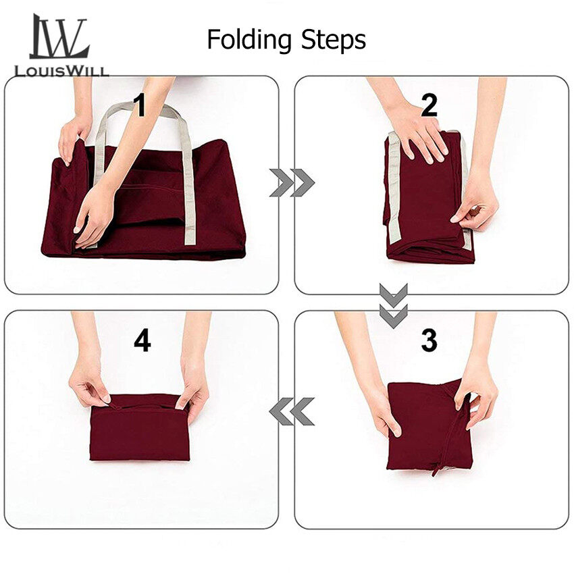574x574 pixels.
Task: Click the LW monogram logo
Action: point(59,36)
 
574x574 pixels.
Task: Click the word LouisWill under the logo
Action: point(61,71)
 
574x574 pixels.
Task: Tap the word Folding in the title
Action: point(250,40)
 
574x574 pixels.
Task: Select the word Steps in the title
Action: point(333,40)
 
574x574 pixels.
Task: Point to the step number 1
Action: point(140,105)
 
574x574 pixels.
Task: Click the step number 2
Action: point(429,105)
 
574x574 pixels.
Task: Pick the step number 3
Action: point(429,340)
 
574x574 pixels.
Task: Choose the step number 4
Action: point(142,341)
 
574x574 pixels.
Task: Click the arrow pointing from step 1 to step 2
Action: point(292,183)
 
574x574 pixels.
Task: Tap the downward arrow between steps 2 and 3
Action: point(394,305)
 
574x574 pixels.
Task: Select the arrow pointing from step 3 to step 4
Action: point(292,411)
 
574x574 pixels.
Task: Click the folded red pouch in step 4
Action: point(140,427)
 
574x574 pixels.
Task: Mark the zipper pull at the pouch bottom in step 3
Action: point(436,469)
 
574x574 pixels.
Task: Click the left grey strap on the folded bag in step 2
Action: point(394,188)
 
